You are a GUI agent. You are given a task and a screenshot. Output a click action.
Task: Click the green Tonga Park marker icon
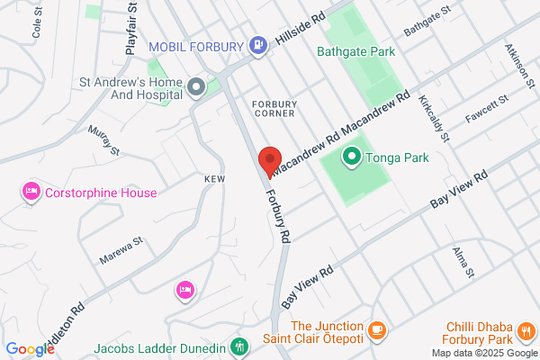point(352,158)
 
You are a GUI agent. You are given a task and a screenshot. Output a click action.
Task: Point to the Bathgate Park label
point(355,51)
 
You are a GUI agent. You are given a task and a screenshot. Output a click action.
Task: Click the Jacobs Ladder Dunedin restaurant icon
point(239,346)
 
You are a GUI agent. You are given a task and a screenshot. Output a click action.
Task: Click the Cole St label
point(38,25)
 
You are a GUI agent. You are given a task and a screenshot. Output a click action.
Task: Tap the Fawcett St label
point(487,113)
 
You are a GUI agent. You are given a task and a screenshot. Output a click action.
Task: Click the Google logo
point(30,349)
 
